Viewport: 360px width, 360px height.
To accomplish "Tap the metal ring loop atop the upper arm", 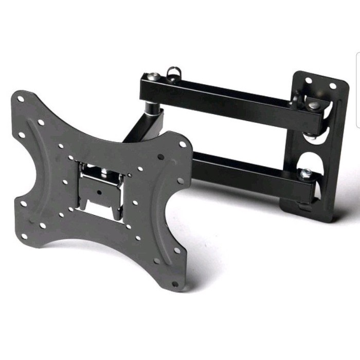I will (x=174, y=70).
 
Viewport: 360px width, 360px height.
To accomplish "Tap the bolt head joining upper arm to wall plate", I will (x=313, y=105).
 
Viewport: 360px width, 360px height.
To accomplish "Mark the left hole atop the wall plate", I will (x=308, y=81).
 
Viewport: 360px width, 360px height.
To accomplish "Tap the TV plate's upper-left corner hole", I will (x=21, y=99).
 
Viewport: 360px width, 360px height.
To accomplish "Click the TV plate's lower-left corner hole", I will (x=24, y=236).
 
